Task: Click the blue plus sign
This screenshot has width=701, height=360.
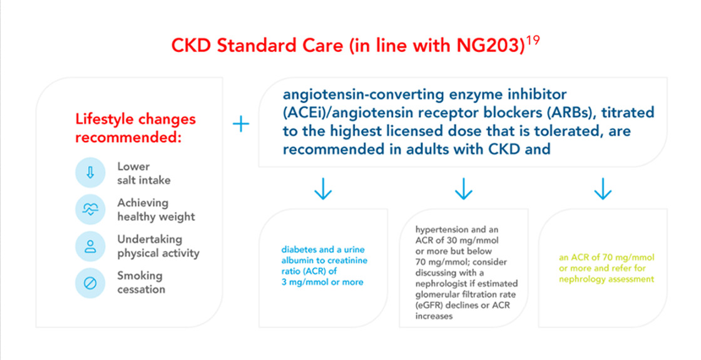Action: [240, 124]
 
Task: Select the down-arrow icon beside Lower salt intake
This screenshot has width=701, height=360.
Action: [90, 173]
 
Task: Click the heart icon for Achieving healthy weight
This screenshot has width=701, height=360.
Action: [90, 210]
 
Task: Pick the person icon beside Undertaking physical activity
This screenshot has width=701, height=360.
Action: [90, 246]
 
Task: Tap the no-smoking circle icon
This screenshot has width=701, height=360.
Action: [90, 283]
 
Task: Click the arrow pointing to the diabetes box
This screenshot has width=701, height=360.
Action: [323, 189]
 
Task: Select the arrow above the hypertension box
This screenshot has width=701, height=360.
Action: [463, 189]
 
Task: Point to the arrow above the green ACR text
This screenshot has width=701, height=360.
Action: [602, 189]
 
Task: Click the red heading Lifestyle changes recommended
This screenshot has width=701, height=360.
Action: [135, 128]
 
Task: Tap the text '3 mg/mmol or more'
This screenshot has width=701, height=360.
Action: [322, 282]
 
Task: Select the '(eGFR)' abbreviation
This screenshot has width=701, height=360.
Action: [431, 306]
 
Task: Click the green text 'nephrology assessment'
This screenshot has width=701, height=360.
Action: [606, 279]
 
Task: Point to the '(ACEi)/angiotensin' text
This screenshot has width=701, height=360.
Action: [340, 113]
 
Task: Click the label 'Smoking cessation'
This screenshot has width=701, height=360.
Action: [141, 282]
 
